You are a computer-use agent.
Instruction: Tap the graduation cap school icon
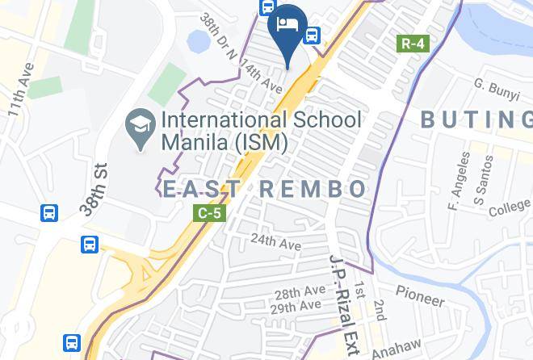(x=141, y=128)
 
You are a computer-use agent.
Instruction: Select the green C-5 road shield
(x=209, y=213)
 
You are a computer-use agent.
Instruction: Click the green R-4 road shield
(x=412, y=43)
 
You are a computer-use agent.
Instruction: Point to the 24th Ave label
(x=275, y=241)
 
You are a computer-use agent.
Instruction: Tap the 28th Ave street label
(x=299, y=293)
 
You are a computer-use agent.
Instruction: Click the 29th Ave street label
(x=296, y=308)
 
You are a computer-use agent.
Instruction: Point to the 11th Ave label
(x=20, y=90)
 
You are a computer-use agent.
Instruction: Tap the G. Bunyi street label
(x=496, y=90)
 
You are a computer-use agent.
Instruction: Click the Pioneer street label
(x=420, y=296)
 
